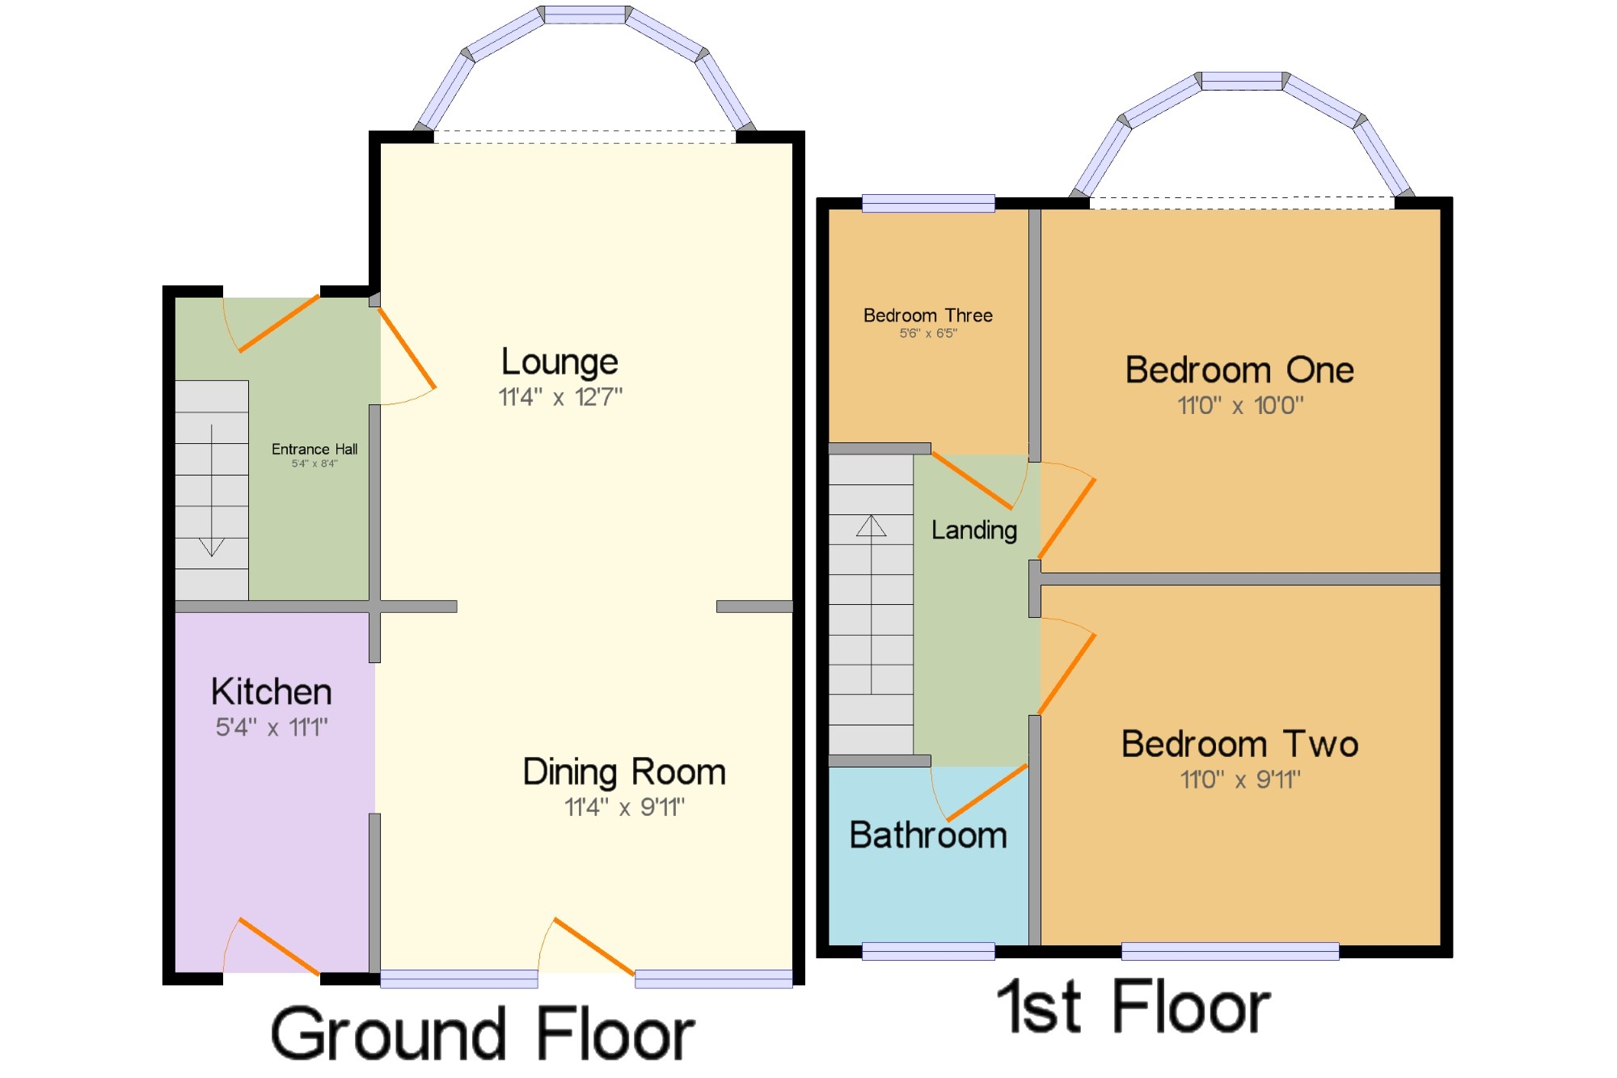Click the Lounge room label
point(559,362)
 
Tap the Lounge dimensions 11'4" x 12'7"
point(560,397)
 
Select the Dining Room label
point(624,772)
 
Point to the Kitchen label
point(272,692)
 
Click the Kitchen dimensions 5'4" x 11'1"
point(272,727)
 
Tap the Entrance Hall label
point(315,449)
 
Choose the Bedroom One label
point(1239,370)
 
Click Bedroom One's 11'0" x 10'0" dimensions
point(1240,405)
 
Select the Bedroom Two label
point(1239,744)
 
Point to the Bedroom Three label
point(928,315)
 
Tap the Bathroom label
point(928,835)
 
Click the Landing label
point(974,531)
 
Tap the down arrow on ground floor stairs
point(212,491)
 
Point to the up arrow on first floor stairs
point(872,604)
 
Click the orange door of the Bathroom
point(987,793)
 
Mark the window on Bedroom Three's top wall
point(928,203)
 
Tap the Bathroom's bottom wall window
point(928,951)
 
